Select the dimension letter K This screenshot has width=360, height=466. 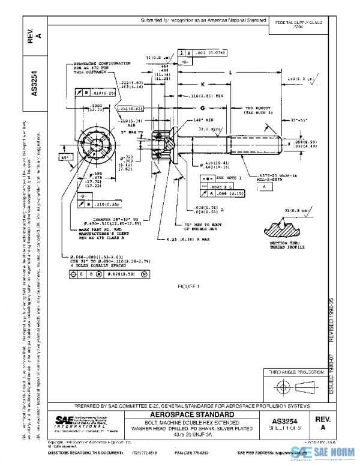pos(203,84)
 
